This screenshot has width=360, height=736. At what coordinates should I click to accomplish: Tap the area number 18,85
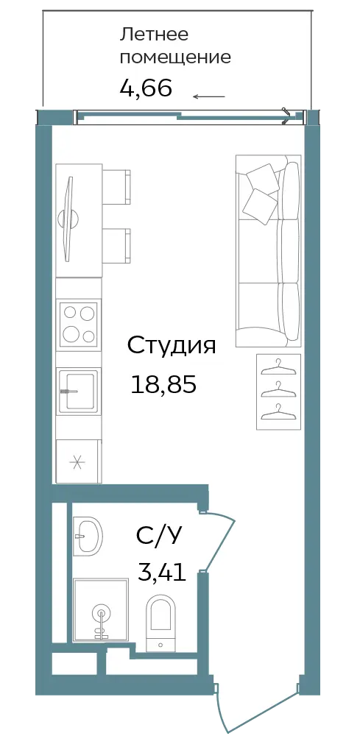163,386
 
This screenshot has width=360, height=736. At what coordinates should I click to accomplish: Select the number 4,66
146,88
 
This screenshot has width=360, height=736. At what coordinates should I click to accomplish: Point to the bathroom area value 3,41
161,572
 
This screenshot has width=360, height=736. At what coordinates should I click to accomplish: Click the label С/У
158,535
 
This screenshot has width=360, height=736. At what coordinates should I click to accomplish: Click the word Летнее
155,34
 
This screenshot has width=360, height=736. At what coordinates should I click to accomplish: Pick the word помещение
175,57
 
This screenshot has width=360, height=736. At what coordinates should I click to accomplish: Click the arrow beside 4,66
209,96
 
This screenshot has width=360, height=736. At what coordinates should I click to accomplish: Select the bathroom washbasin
88,534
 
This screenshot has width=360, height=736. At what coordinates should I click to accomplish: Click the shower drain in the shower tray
99,613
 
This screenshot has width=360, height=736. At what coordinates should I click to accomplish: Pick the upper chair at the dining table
116,187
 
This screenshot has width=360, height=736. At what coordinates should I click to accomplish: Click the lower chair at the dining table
116,246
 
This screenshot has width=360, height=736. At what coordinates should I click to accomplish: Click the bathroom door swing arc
222,542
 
